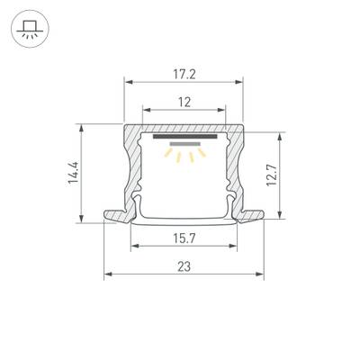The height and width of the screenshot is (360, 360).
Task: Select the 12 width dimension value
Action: coord(184,103)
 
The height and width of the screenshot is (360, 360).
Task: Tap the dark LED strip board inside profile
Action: coord(184,138)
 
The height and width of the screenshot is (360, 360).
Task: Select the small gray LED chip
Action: coord(184,143)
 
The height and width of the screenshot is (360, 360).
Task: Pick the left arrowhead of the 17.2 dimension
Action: coord(127,82)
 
